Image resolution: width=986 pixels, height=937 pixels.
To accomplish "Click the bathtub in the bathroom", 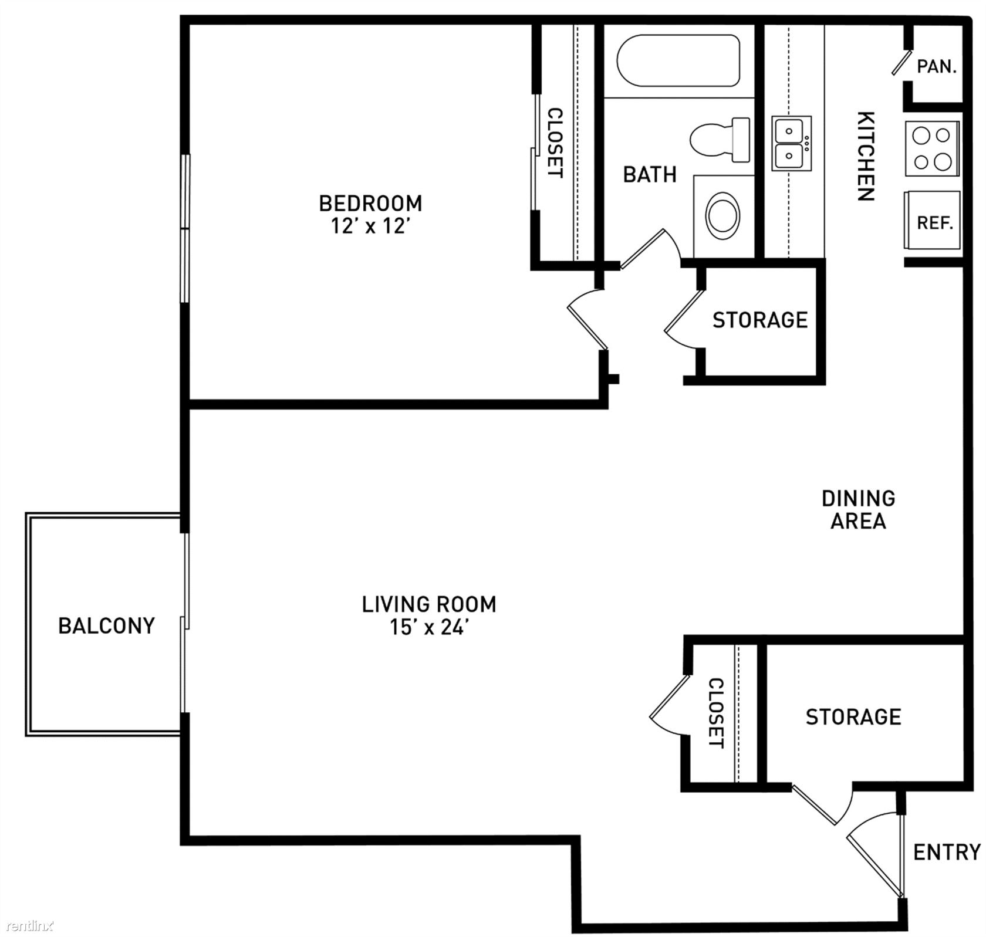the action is (x=677, y=60).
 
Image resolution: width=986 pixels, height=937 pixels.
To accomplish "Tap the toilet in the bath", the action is (x=720, y=140).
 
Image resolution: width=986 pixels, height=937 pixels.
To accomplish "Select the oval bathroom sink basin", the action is (x=723, y=215).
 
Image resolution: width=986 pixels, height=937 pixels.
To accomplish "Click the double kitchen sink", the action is (x=791, y=143).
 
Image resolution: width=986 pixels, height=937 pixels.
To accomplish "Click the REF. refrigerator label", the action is (x=934, y=223).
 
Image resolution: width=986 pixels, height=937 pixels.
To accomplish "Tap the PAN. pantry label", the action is (x=937, y=66).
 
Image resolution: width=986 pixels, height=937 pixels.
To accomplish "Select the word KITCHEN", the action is (x=866, y=156).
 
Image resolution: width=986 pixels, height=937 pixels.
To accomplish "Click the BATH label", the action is (x=650, y=174).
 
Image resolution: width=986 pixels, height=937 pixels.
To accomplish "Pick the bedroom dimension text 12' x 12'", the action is (x=370, y=226).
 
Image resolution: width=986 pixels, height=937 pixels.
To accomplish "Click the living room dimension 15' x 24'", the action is (x=429, y=627).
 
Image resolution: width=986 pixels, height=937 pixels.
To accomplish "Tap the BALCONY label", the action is (x=106, y=625).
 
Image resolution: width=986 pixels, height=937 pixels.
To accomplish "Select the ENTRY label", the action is (x=947, y=852).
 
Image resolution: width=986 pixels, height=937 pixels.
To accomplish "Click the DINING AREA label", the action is (x=858, y=509).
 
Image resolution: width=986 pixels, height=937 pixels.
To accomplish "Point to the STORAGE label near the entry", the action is (x=853, y=716).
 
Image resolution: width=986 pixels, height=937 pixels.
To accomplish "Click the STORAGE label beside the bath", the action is (x=760, y=320).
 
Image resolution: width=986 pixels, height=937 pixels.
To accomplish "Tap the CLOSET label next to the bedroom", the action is (x=555, y=143).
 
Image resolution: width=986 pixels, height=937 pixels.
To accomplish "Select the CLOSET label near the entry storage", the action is (x=716, y=713).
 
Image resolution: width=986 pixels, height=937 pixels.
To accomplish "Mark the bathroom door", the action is (x=642, y=249).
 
